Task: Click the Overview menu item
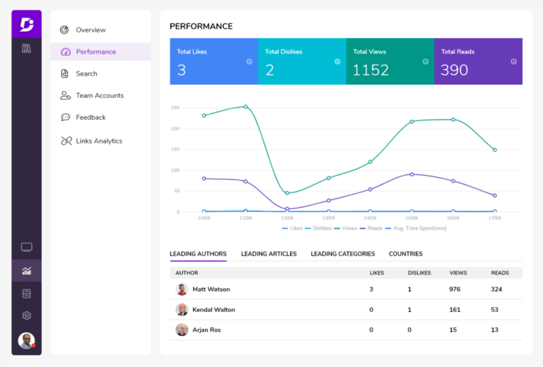(90, 30)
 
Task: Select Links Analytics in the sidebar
(99, 141)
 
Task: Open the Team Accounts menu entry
(100, 95)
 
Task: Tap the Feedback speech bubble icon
(65, 117)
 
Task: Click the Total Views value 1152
(370, 70)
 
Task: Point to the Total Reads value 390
(454, 70)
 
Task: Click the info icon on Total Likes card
(250, 62)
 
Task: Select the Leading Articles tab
(269, 254)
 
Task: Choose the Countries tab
(405, 254)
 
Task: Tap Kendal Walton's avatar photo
(182, 310)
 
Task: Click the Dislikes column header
(419, 272)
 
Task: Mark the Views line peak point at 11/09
(245, 107)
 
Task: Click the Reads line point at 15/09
(411, 174)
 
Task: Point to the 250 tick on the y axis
(175, 107)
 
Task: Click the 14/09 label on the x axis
(370, 218)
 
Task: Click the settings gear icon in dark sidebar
(27, 315)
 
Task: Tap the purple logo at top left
(27, 25)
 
